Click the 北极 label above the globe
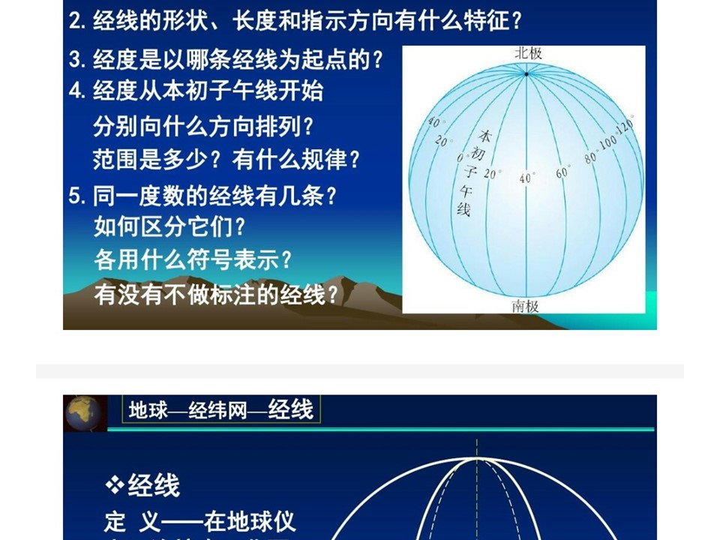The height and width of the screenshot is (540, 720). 528,53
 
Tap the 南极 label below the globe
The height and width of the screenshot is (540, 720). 525,306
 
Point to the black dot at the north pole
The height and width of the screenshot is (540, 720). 526,74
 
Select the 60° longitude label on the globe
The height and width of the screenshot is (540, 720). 563,172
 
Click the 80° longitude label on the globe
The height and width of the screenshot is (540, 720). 591,157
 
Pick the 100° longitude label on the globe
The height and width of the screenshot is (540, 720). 609,142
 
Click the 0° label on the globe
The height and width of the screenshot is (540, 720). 460,157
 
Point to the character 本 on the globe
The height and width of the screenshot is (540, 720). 485,136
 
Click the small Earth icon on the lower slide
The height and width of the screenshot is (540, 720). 83,413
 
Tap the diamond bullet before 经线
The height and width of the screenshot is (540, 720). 114,485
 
